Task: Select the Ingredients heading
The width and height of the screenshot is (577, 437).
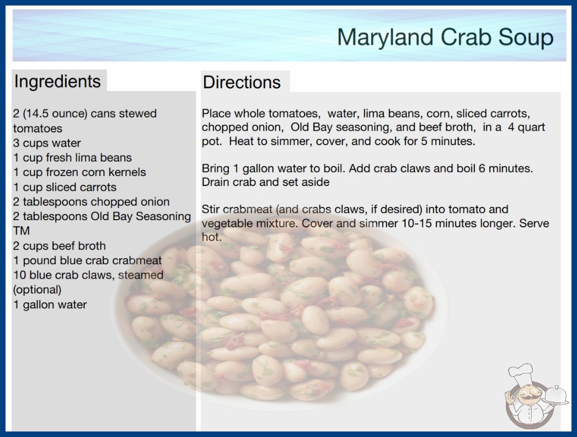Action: (x=57, y=82)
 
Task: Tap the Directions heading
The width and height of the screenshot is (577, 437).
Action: (x=242, y=82)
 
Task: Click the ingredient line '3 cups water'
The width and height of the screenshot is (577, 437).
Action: (x=47, y=143)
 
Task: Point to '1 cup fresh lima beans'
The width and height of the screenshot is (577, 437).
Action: (x=72, y=158)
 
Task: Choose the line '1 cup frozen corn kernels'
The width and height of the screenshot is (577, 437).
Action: (x=80, y=172)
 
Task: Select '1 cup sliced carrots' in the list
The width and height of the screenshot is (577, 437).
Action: (x=65, y=187)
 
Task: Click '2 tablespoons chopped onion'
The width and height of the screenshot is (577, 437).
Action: (x=91, y=202)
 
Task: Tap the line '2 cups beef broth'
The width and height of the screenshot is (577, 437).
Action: (x=60, y=246)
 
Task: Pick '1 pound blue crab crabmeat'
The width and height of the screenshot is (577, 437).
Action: (x=88, y=260)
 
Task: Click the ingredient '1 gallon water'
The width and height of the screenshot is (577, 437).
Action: (x=50, y=305)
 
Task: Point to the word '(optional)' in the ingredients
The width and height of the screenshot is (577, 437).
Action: (x=37, y=290)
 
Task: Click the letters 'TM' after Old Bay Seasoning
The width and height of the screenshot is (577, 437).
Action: (x=22, y=231)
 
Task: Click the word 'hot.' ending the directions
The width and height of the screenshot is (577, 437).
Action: (x=212, y=237)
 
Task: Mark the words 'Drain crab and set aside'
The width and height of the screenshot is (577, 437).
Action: (x=266, y=182)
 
